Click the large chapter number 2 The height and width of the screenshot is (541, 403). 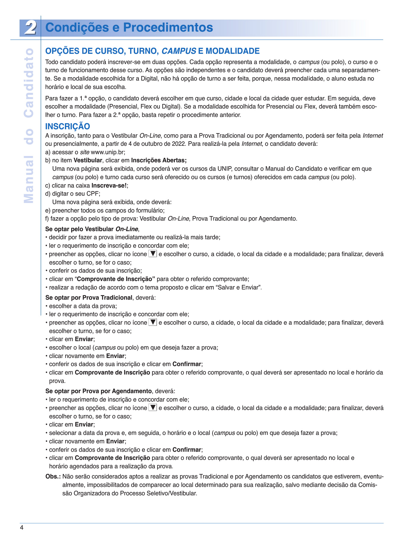[30, 28]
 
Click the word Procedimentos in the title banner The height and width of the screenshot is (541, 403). [168, 27]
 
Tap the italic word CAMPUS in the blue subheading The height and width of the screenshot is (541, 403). [179, 51]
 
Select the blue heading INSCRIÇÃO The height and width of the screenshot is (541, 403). [68, 126]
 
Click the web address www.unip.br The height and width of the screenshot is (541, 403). [108, 152]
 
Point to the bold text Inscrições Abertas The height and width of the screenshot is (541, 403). [159, 160]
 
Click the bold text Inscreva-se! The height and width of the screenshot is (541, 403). [109, 185]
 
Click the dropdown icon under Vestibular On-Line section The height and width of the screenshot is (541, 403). [153, 254]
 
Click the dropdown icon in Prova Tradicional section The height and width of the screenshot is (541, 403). [153, 322]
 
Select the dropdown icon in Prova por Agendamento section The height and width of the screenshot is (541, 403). [153, 408]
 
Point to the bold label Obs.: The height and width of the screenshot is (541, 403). [53, 476]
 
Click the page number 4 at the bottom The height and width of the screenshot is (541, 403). [22, 528]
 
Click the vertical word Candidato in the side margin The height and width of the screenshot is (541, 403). [29, 83]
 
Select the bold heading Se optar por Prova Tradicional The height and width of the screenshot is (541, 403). [89, 298]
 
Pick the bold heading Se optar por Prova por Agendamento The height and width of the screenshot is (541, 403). [99, 391]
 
